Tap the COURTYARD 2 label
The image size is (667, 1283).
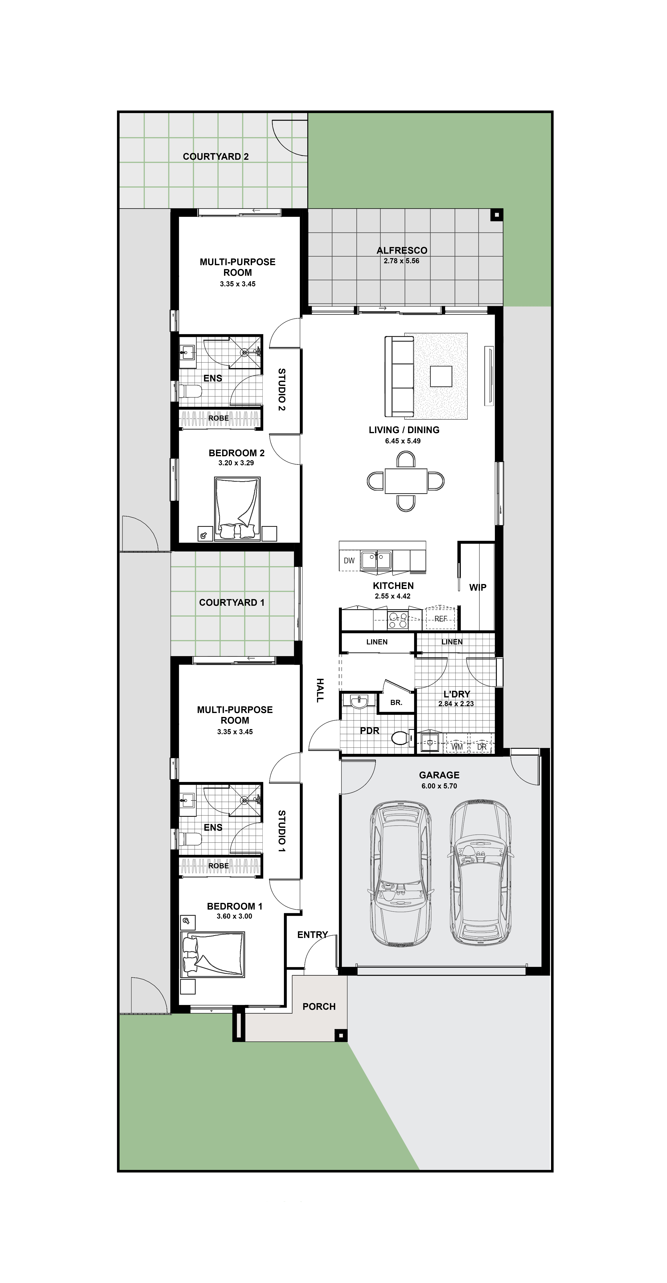coord(215,156)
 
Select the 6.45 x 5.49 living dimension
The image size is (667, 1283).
coord(403,441)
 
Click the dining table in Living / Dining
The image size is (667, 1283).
coord(406,481)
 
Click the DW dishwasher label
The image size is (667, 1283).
coord(349,561)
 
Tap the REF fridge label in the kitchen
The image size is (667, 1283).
coord(441,619)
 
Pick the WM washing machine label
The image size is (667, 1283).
coord(457,747)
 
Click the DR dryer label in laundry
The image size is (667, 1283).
coord(481,747)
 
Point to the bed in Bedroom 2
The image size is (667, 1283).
coord(237,508)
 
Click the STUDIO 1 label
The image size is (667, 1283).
coord(282,831)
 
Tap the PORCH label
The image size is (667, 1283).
coord(319,1007)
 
